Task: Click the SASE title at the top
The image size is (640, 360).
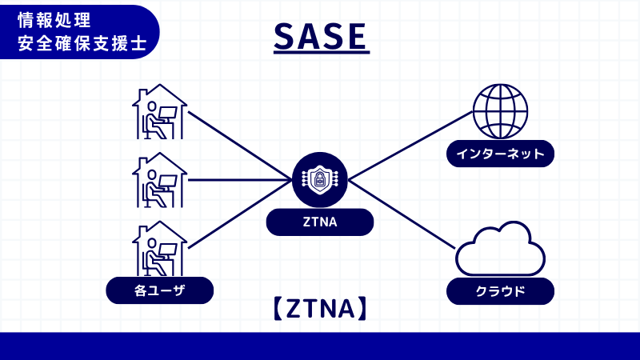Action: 320,36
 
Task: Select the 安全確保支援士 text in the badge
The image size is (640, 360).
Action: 81,42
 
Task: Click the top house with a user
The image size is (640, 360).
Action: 159,111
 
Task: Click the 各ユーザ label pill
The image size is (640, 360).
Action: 159,290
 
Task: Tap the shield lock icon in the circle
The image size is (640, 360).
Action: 320,180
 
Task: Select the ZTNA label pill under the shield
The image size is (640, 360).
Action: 320,222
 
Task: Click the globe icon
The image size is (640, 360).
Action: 500,111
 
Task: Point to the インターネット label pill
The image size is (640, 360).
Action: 500,154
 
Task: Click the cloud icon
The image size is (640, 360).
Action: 500,249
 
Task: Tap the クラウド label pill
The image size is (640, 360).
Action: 500,291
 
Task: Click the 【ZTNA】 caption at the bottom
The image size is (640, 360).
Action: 320,309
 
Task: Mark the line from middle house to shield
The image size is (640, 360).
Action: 240,180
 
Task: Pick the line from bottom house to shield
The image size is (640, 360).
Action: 240,214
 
